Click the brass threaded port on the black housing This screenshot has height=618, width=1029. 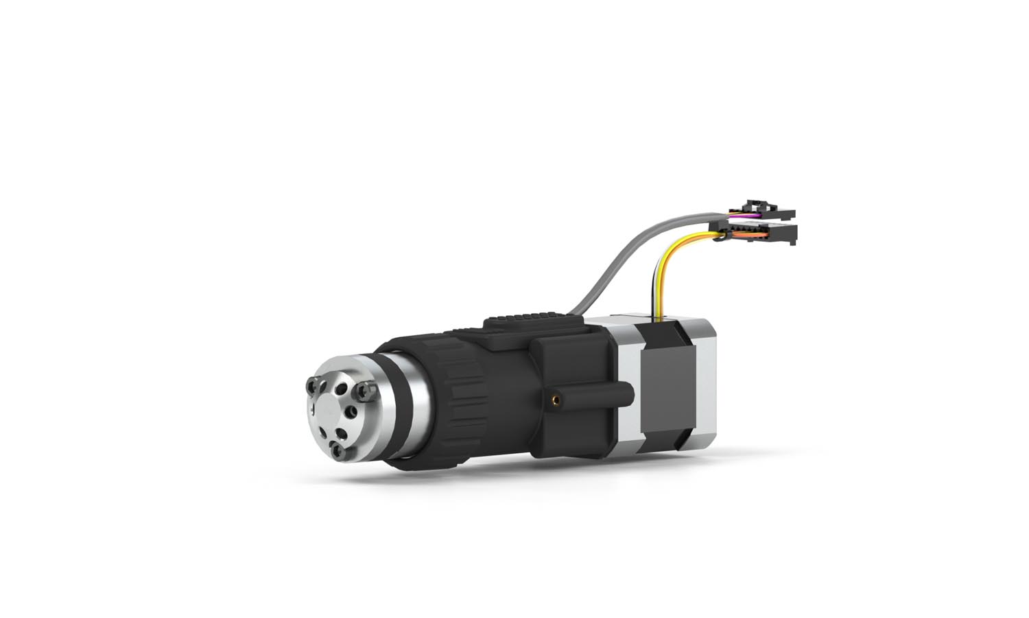coord(555,398)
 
